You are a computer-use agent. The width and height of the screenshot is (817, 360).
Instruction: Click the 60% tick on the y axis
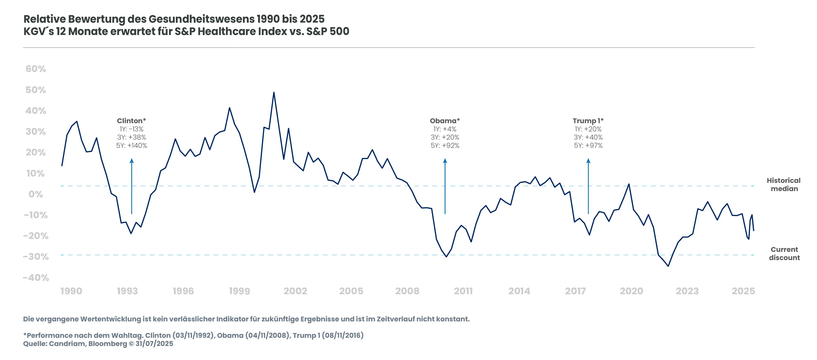(36, 69)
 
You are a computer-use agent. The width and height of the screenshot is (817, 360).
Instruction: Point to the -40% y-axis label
(36, 278)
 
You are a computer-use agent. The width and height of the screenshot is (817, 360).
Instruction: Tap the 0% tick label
(36, 194)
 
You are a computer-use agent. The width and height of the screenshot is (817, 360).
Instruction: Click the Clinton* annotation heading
(131, 121)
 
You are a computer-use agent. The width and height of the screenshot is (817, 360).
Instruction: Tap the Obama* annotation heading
(445, 121)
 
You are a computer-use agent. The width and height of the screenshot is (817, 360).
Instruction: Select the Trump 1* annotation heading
(588, 121)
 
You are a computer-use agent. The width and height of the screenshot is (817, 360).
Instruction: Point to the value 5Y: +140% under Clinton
(131, 146)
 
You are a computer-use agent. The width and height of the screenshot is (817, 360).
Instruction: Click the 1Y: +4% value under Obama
(445, 129)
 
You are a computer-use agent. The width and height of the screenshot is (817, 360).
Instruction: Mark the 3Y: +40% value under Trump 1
(588, 137)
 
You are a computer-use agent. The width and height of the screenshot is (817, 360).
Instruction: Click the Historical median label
(784, 185)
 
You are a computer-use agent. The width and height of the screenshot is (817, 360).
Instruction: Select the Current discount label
(784, 254)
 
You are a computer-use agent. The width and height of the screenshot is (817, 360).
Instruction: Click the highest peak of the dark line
(274, 93)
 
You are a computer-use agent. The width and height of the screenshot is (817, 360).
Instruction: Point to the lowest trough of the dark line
(668, 266)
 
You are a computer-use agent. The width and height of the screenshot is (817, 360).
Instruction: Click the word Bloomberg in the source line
(108, 344)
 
